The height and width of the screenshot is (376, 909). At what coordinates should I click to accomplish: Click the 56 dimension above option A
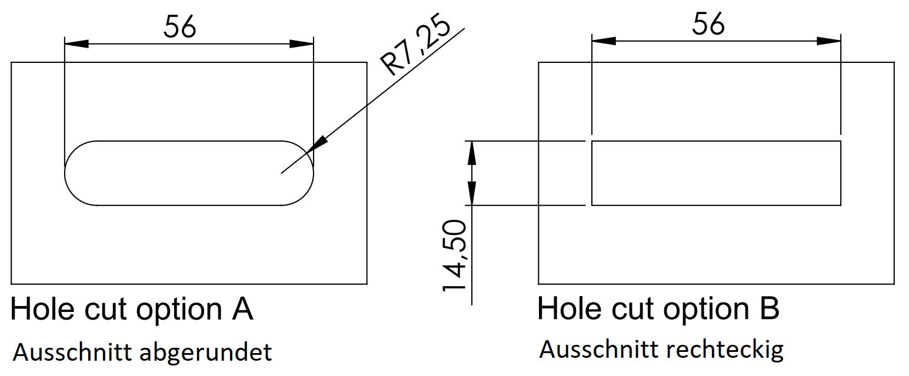[x=179, y=27]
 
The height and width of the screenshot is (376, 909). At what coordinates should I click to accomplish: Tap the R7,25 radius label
[x=415, y=46]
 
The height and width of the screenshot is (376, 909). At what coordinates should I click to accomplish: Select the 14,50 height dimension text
[x=455, y=256]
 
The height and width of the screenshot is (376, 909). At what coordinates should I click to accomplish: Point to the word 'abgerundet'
[x=205, y=353]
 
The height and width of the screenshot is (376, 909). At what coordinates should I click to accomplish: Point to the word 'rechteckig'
[x=725, y=350]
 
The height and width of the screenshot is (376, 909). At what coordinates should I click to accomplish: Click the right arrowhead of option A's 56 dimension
[x=302, y=43]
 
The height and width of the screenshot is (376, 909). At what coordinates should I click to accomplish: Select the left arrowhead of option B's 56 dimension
[x=604, y=41]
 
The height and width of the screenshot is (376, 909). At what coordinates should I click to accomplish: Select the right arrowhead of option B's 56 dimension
[x=829, y=41]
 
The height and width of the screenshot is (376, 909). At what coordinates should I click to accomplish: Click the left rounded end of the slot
[x=74, y=173]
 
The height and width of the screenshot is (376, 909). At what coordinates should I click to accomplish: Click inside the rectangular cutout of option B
[x=715, y=173]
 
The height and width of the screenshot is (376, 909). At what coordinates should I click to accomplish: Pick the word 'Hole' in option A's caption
[x=38, y=309]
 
